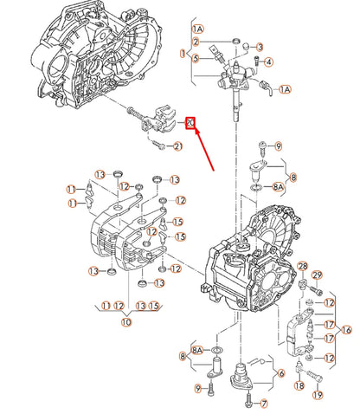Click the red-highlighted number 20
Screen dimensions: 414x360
(191, 124)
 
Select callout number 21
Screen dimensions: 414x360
(176, 146)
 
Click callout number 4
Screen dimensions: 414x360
(269, 62)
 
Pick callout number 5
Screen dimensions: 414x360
(196, 58)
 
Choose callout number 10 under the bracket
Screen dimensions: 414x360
(126, 322)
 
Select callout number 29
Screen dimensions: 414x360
(317, 275)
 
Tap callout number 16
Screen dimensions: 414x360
(347, 330)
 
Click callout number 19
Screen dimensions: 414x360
(317, 396)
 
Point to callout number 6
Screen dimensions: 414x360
(280, 373)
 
